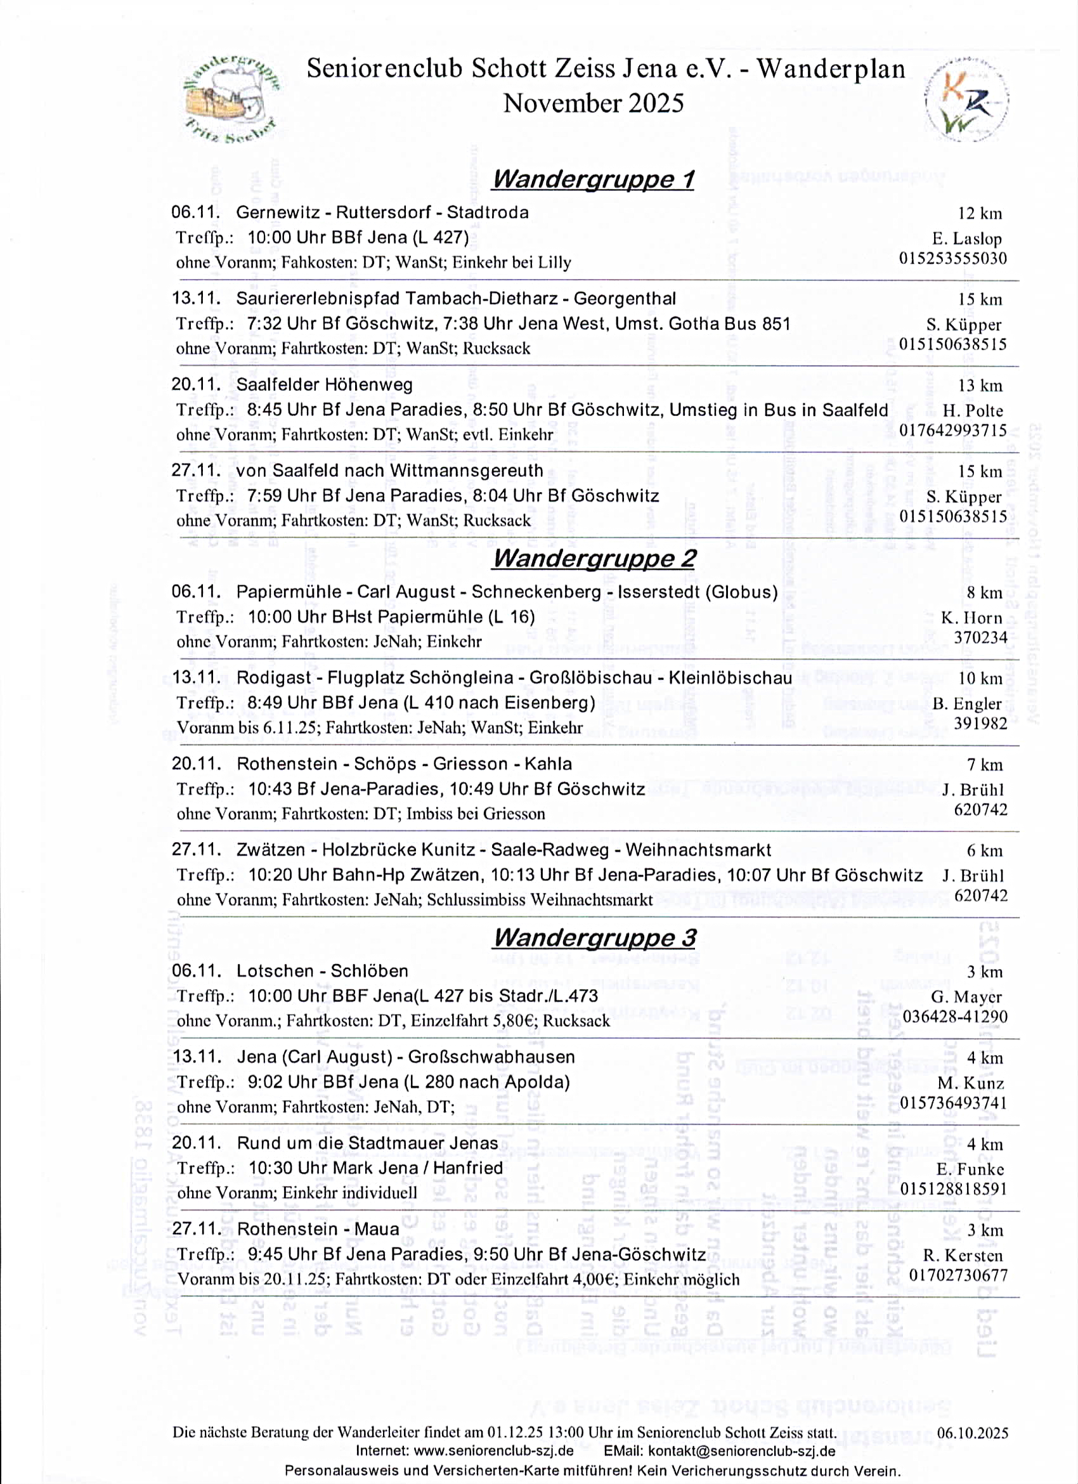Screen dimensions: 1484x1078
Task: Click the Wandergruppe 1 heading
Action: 593,179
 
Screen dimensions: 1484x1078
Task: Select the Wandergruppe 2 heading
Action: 594,558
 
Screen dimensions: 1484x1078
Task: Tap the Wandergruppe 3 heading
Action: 594,937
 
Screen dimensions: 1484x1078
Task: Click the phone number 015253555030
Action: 952,259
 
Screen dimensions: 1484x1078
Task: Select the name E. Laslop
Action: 967,239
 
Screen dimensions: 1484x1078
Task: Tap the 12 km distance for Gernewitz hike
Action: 979,213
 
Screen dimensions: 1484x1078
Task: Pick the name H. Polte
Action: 972,411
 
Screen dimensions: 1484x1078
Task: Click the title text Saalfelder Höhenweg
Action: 325,385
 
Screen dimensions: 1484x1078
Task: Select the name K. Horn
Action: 971,618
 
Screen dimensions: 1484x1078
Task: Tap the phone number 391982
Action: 980,723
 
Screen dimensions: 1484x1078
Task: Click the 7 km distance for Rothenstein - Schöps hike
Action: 984,765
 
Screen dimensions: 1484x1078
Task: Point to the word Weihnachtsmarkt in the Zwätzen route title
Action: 698,850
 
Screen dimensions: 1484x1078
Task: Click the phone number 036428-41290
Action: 954,1016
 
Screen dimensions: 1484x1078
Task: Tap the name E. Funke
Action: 970,1169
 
